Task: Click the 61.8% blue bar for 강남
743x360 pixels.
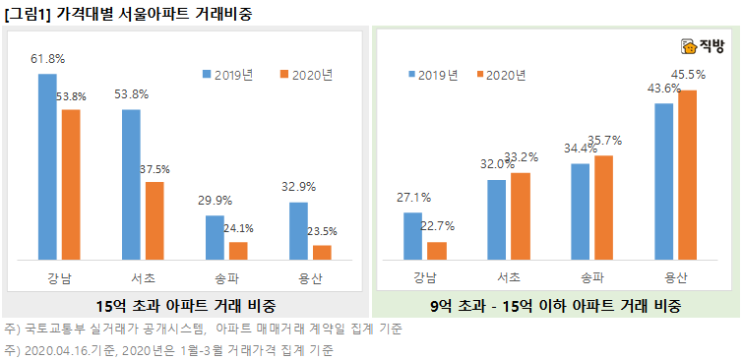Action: tap(47, 167)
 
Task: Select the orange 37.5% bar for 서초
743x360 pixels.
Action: tap(155, 221)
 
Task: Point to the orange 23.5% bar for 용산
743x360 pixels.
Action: tap(322, 253)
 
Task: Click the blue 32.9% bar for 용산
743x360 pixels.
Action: tap(298, 231)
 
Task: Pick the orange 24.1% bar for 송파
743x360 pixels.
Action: tap(238, 251)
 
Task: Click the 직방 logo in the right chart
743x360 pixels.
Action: tap(703, 46)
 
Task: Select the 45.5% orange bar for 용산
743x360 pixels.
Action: tap(687, 176)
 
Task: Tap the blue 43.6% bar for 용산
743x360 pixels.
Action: tap(663, 182)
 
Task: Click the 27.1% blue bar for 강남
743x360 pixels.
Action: tap(413, 237)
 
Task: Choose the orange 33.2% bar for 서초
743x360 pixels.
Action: tap(521, 217)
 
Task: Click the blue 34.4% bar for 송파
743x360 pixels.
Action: tap(581, 212)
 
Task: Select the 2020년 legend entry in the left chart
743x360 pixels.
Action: tap(306, 74)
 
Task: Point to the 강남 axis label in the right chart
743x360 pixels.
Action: tap(425, 276)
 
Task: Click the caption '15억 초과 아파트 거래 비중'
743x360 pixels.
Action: tap(185, 305)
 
